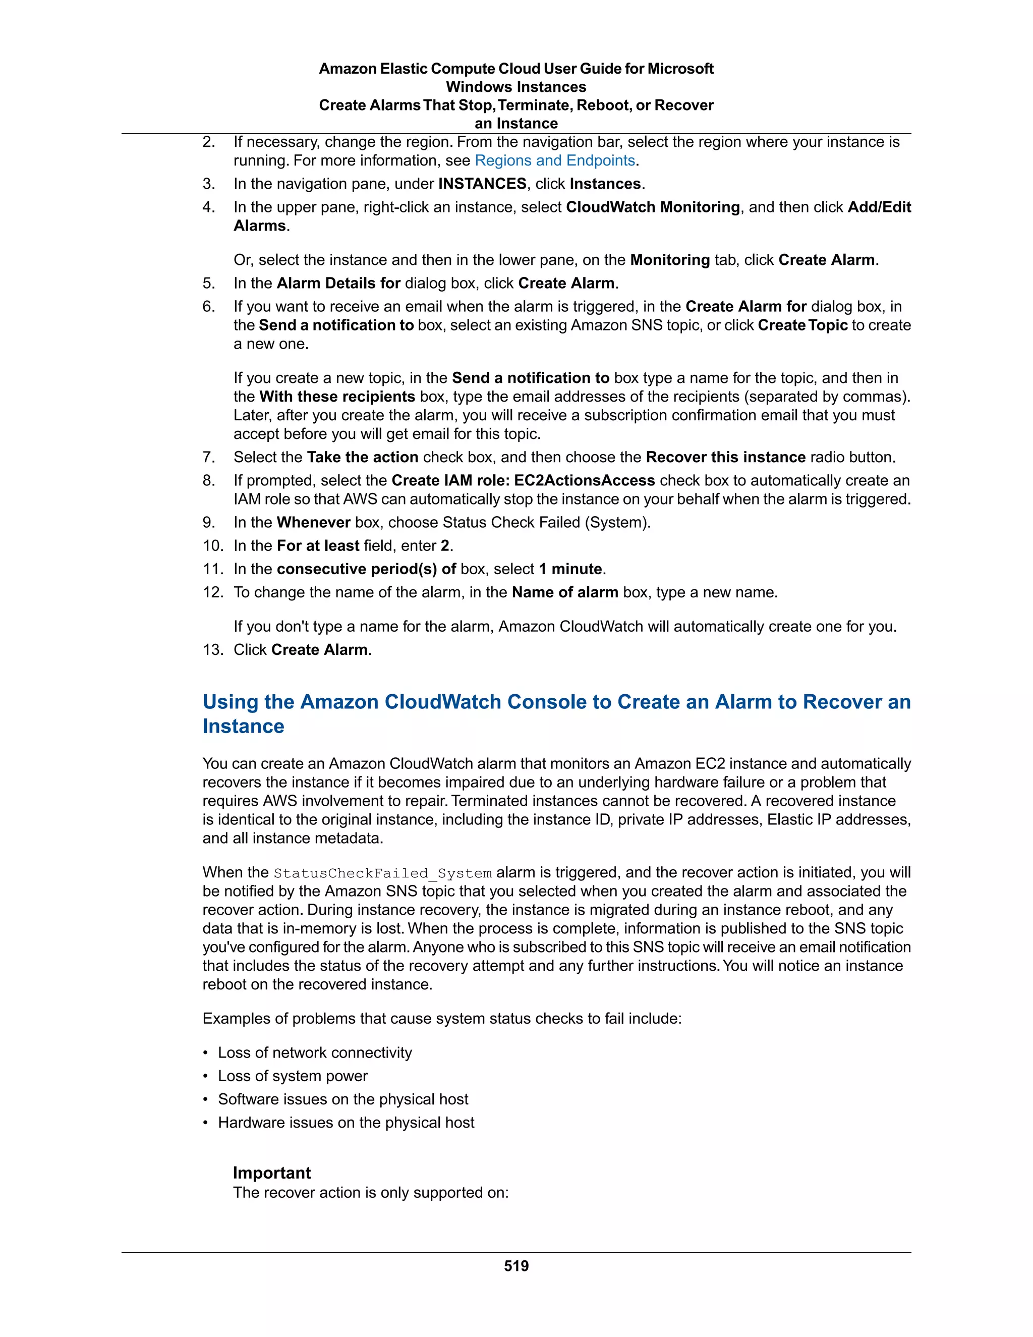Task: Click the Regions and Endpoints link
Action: click(554, 160)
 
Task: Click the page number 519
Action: click(516, 1266)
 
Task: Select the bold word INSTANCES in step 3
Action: click(482, 184)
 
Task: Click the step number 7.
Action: click(209, 457)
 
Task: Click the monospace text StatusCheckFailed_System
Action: click(382, 873)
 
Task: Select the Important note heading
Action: click(272, 1173)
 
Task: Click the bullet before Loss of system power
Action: click(206, 1076)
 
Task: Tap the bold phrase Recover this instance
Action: click(725, 457)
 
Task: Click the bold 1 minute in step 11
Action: click(570, 569)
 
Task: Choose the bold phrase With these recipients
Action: click(337, 397)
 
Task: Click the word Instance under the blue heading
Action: click(244, 727)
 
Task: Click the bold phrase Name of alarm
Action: click(564, 593)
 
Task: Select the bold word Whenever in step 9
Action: click(313, 523)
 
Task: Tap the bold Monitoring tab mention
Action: click(669, 260)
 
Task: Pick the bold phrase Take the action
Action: click(362, 457)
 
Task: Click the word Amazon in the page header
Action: click(347, 69)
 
